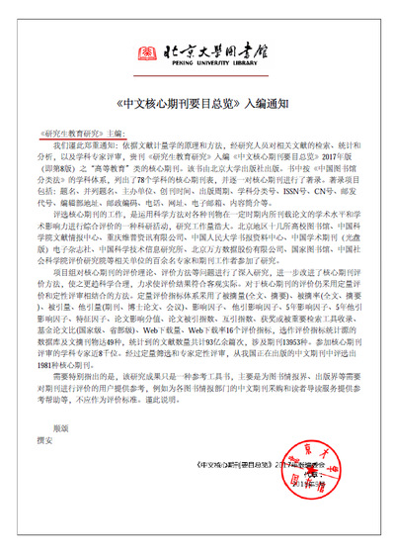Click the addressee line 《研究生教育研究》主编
pos(86,132)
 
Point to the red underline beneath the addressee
pos(86,138)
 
